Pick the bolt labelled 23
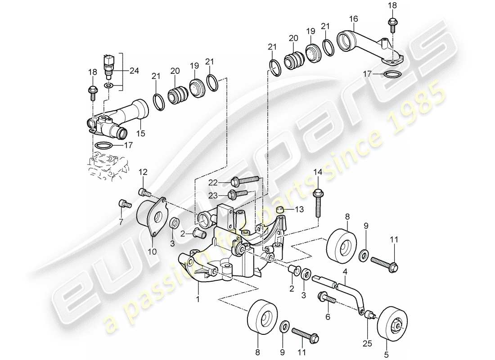238,194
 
